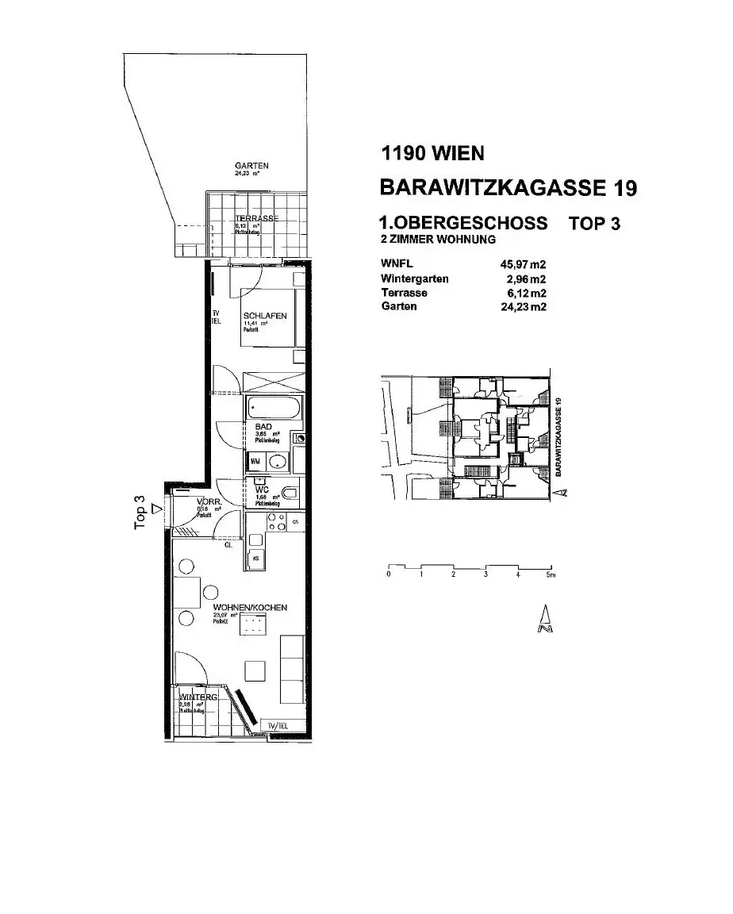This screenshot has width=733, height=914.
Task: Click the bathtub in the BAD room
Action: pyautogui.click(x=274, y=409)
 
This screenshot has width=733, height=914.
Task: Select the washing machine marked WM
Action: pyautogui.click(x=256, y=460)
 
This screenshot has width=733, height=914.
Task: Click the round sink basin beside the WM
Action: pyautogui.click(x=278, y=461)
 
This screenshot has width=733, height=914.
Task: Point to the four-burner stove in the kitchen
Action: pyautogui.click(x=277, y=521)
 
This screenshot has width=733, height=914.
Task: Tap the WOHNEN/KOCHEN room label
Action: pyautogui.click(x=249, y=608)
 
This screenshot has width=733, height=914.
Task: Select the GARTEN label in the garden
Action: pyautogui.click(x=251, y=166)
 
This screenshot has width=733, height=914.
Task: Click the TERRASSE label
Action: pyautogui.click(x=256, y=218)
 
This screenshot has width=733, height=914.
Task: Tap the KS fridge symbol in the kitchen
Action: pyautogui.click(x=256, y=559)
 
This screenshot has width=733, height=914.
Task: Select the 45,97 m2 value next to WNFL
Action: pyautogui.click(x=524, y=264)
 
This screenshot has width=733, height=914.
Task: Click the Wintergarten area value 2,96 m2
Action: pyautogui.click(x=527, y=278)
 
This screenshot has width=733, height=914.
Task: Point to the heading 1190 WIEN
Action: pyautogui.click(x=432, y=154)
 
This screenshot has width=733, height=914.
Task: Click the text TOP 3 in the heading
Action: pyautogui.click(x=594, y=223)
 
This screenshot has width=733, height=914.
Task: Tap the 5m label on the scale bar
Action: pyautogui.click(x=551, y=574)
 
